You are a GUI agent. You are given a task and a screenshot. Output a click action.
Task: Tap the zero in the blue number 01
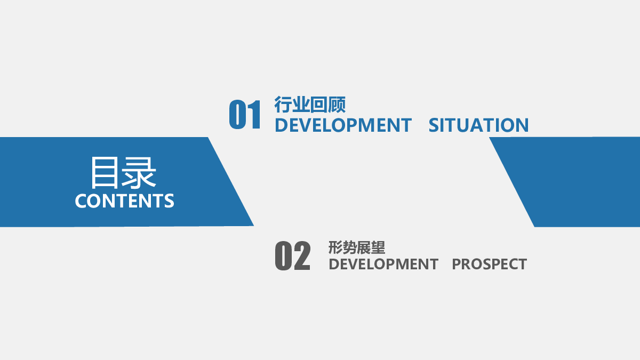pos(238,114)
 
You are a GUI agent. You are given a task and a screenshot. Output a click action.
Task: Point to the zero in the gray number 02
pos(283,255)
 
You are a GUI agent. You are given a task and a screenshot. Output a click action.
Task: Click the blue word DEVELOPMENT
pos(343,125)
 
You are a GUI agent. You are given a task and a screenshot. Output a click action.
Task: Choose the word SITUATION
pos(478,125)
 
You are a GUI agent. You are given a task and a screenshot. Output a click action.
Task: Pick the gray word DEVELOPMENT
pos(383,264)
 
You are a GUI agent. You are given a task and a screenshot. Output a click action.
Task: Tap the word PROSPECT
pos(490,264)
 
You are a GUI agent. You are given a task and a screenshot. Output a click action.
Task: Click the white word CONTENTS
pos(125,201)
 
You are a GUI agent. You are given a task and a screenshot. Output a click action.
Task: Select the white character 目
pos(105,172)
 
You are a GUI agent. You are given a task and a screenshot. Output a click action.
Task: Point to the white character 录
pos(139,172)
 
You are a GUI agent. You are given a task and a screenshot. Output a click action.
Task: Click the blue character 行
pos(283,105)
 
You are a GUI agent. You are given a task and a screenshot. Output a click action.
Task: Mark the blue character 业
pos(301,105)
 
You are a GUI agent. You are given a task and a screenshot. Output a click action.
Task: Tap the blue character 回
pos(319,105)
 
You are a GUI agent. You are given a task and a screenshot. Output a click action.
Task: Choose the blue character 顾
pos(337,105)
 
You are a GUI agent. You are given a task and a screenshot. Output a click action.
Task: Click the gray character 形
pos(335,247)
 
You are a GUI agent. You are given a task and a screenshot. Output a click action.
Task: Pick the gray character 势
pos(350,247)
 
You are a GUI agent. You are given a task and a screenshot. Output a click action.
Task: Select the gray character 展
pos(364,247)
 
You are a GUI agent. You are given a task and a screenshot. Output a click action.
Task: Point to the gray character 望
pos(378,247)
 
